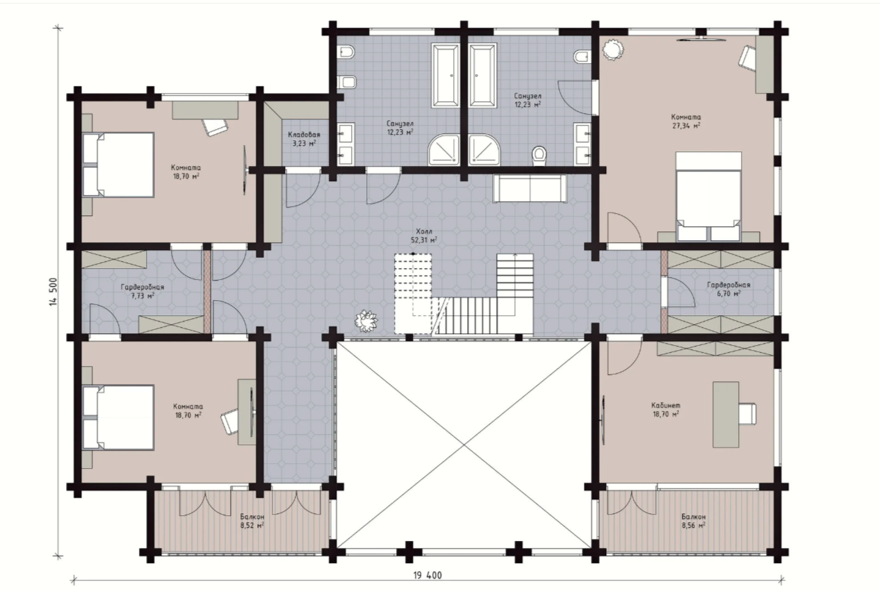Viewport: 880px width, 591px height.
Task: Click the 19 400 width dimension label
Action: (427, 575)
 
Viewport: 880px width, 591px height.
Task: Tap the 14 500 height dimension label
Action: (53, 292)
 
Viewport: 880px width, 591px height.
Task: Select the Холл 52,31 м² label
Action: (424, 235)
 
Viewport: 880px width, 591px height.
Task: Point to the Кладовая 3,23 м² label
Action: (304, 139)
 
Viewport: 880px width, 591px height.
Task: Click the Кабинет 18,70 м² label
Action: (665, 409)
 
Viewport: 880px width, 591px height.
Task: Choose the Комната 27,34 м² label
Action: (686, 122)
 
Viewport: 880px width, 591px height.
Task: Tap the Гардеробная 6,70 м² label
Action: (728, 289)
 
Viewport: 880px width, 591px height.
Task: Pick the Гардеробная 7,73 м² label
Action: (142, 291)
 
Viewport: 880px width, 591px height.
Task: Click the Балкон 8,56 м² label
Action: (694, 521)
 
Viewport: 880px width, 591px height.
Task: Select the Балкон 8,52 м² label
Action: (252, 521)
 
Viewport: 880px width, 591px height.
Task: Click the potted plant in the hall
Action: (366, 320)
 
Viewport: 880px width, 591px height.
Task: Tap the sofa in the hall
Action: (529, 188)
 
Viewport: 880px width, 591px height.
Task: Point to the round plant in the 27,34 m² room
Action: (613, 49)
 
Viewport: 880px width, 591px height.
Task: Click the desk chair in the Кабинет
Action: (747, 414)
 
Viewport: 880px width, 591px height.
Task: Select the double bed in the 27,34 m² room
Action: (708, 197)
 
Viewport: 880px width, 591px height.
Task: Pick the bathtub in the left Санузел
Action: (445, 75)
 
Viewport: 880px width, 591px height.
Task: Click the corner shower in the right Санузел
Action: (484, 150)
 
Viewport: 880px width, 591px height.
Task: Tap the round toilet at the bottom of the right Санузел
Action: (539, 156)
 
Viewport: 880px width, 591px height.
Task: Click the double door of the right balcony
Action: (631, 502)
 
